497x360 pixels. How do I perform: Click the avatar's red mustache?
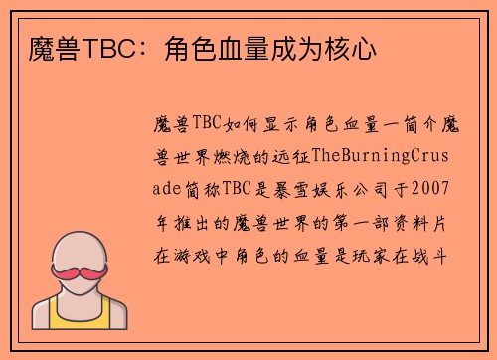80,270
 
